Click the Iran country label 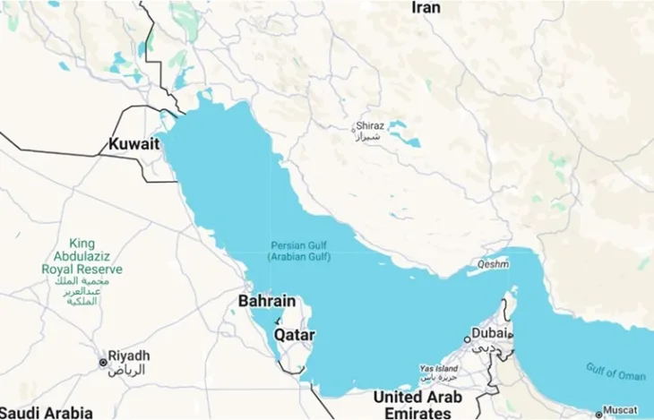426,8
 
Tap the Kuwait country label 133,144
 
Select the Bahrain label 267,302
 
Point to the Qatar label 295,334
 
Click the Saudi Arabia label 46,413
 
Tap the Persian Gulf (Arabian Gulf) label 299,251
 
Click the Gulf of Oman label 615,369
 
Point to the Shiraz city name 369,126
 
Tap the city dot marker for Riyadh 103,362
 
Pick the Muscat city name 620,410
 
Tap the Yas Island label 439,369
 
